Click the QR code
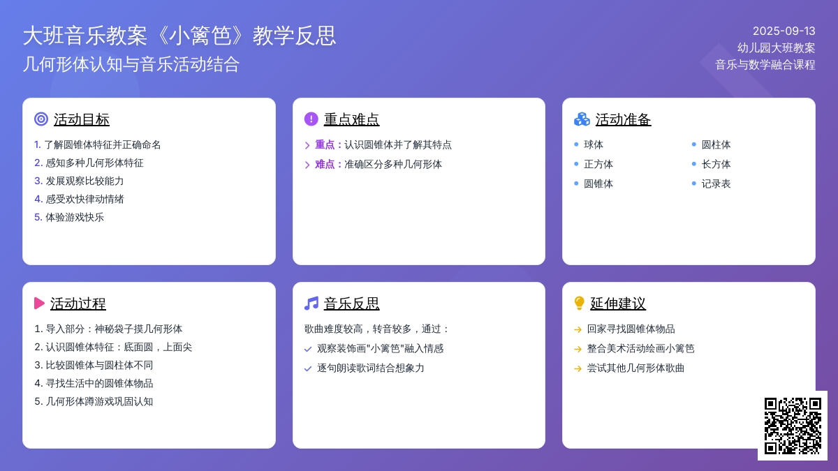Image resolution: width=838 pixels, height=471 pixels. [793, 426]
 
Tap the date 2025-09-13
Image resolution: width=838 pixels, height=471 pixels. [784, 31]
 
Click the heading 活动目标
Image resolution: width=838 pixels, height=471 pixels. [82, 119]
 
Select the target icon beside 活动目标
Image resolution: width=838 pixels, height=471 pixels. [41, 119]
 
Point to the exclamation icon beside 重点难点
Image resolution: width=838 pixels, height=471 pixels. [311, 119]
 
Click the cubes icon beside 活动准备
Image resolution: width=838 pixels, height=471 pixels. [582, 119]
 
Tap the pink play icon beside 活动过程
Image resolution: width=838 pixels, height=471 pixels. [39, 303]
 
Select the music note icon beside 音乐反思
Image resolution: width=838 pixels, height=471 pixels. [311, 303]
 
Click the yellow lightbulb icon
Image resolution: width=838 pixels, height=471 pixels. [579, 303]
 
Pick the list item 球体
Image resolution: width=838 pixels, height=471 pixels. [594, 144]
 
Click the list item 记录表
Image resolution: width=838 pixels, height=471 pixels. [716, 184]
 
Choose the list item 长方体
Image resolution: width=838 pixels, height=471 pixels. [716, 164]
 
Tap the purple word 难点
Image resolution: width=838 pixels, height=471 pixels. [325, 164]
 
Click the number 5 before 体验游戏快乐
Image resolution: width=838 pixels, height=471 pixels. [38, 217]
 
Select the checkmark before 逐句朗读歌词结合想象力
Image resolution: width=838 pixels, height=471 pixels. [308, 368]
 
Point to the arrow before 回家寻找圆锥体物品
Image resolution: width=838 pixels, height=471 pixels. [578, 329]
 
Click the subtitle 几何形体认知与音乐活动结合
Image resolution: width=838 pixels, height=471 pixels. [131, 64]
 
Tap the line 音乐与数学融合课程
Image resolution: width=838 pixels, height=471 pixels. [765, 65]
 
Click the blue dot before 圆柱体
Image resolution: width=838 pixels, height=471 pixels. [694, 144]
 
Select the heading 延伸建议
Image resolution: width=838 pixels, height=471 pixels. [618, 304]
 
